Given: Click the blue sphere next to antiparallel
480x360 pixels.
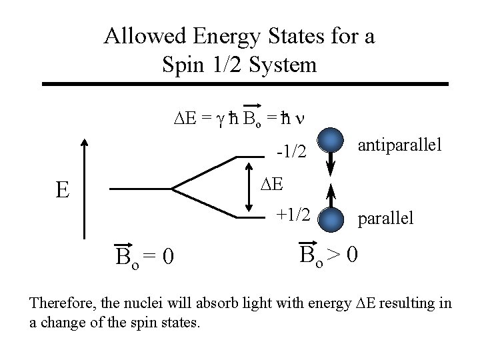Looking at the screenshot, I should click(x=331, y=142).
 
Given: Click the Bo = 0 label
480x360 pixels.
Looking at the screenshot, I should click(x=144, y=255).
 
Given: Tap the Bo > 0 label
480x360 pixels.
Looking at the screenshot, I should click(x=330, y=254).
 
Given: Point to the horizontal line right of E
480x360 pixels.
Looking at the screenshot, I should click(x=140, y=189).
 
